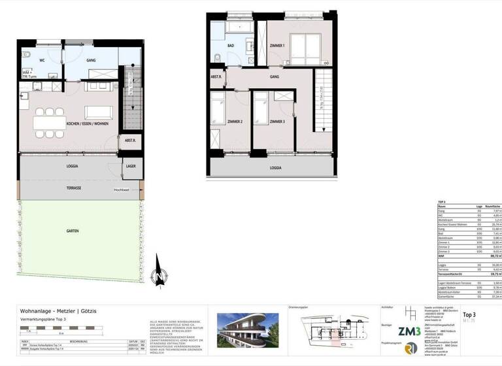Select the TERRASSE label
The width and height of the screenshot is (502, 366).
click(73, 188)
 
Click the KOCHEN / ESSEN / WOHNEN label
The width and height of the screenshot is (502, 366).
click(78, 124)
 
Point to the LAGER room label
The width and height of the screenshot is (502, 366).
click(131, 167)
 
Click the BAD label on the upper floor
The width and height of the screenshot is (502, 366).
click(231, 46)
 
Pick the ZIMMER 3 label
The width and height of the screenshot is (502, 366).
click(276, 122)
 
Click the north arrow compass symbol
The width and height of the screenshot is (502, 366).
click(157, 276)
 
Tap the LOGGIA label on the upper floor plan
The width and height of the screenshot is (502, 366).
click(276, 168)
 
